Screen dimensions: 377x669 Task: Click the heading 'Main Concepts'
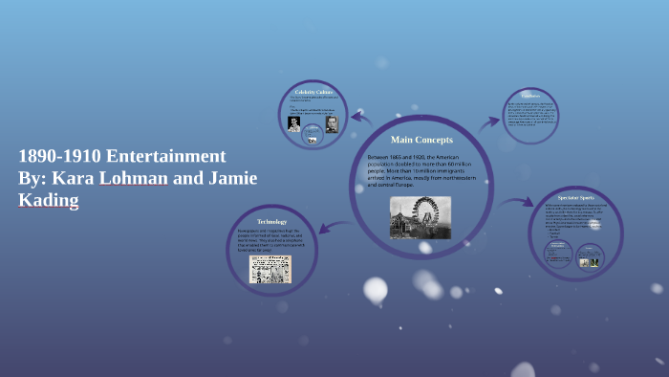coord(421,140)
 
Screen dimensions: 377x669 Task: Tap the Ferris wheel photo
coord(421,217)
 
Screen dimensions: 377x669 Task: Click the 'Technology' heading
coord(271,222)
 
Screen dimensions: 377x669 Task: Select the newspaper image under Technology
coord(271,269)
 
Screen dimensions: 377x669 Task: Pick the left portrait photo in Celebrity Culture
coord(294,122)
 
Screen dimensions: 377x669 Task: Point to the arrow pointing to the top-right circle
coord(489,122)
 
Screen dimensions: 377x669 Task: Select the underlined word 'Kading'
coord(48,200)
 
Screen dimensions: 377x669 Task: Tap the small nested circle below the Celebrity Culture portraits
coord(312,138)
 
